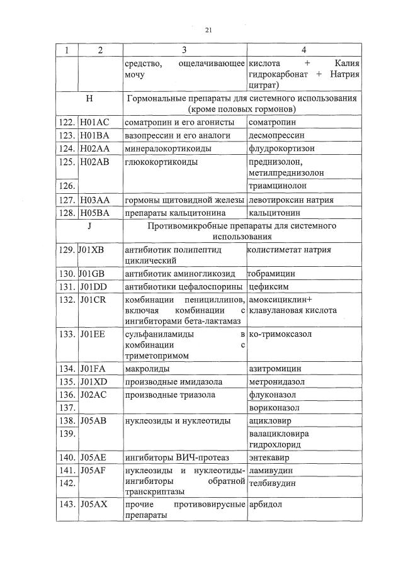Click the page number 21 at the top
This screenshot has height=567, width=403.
(208, 30)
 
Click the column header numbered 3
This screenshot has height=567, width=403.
(184, 50)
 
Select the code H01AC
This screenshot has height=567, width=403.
(94, 121)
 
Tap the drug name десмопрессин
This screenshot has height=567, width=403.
(273, 135)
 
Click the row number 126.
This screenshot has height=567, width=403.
(66, 186)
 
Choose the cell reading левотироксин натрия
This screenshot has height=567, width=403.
(291, 200)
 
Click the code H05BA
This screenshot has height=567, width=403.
(94, 213)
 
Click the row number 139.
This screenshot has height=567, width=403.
(66, 434)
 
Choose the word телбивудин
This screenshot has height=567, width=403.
(273, 484)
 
